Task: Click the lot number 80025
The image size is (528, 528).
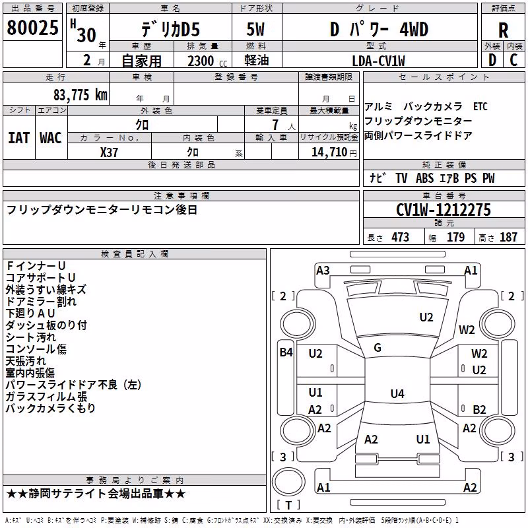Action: (32, 28)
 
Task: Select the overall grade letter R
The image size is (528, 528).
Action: (503, 30)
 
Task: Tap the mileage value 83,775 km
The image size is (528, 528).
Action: (80, 95)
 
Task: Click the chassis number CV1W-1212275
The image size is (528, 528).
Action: (444, 210)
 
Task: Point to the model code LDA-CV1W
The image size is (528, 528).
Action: (378, 61)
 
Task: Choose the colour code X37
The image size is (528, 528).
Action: (109, 152)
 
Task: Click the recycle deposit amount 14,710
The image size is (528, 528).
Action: (329, 152)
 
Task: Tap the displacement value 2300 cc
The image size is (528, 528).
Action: (207, 61)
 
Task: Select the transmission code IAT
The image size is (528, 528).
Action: (18, 138)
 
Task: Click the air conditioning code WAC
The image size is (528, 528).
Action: (51, 138)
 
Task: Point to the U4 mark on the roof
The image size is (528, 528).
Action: (397, 393)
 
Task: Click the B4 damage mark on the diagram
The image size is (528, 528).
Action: (286, 352)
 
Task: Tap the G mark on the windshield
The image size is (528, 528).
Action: (378, 348)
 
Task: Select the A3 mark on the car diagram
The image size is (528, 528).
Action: (323, 271)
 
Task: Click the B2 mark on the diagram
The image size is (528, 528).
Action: (479, 409)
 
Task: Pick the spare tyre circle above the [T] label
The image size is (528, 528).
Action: (288, 481)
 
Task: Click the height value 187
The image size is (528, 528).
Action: (508, 237)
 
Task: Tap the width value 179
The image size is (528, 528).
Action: (455, 237)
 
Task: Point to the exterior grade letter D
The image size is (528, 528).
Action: (492, 60)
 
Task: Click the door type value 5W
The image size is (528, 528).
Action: (255, 29)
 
